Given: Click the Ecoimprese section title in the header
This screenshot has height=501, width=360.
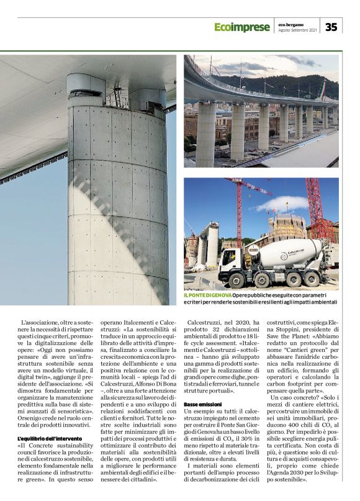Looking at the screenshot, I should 242,27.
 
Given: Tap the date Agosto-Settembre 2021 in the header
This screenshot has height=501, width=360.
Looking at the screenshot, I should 298,30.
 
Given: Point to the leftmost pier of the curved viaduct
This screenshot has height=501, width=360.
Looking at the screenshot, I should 206,131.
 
